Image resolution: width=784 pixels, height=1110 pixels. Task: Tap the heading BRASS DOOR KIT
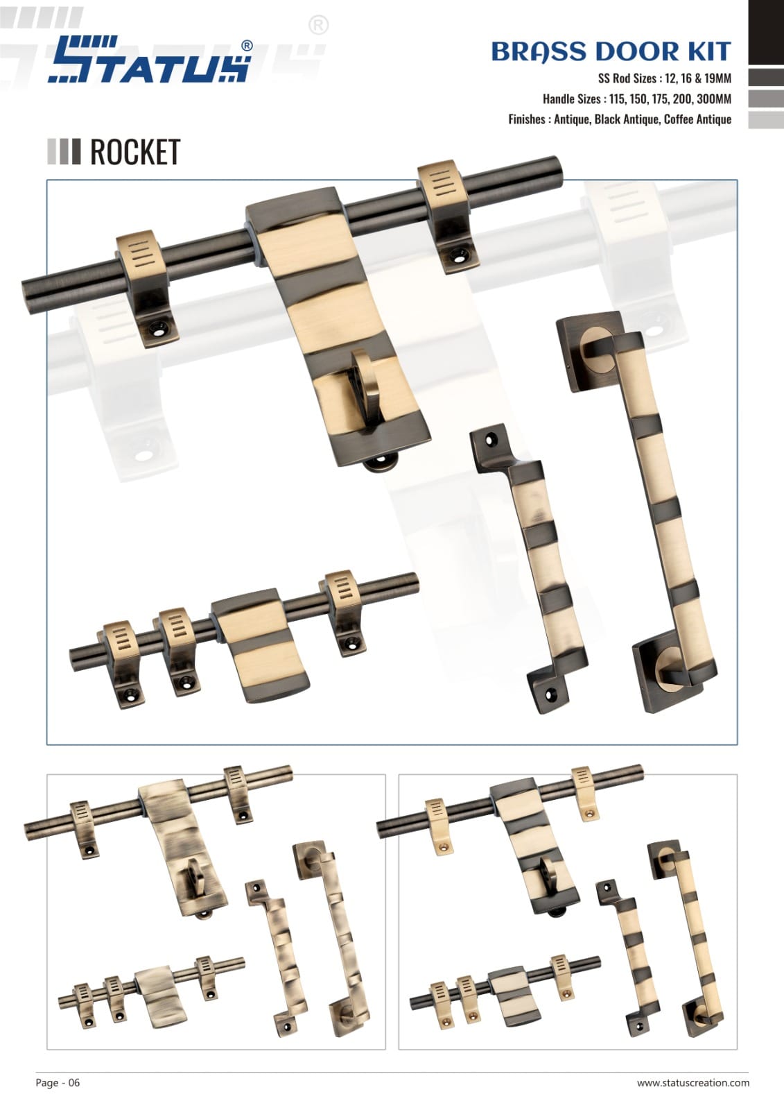pyautogui.click(x=611, y=52)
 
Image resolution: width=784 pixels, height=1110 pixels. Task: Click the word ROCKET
pyautogui.click(x=134, y=152)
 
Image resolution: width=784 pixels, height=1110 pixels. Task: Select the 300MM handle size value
pyautogui.click(x=714, y=99)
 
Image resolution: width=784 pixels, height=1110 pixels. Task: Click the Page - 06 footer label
pyautogui.click(x=58, y=1082)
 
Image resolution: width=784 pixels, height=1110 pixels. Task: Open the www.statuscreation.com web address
pyautogui.click(x=693, y=1083)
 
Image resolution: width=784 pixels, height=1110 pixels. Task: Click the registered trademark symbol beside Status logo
pyautogui.click(x=247, y=46)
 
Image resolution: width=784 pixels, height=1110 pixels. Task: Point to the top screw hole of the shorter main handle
pyautogui.click(x=491, y=439)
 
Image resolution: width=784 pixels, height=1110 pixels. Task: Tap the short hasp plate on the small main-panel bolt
pyautogui.click(x=259, y=644)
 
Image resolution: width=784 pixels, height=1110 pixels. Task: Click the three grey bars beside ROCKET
pyautogui.click(x=64, y=152)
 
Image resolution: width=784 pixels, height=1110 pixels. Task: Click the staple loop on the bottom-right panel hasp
pyautogui.click(x=548, y=877)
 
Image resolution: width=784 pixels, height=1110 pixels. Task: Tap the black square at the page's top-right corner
pyautogui.click(x=766, y=32)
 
